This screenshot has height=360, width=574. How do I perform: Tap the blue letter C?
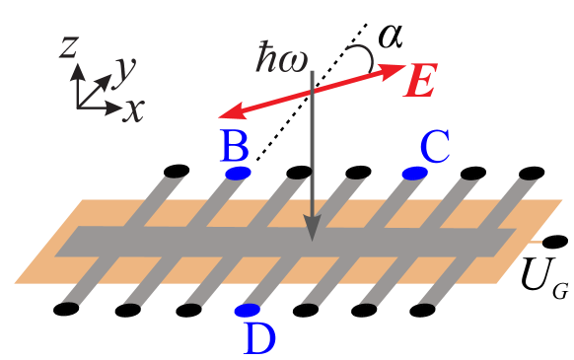click(435, 148)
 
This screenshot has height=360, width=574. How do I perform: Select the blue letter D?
click(258, 338)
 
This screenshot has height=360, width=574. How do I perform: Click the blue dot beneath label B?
click(238, 174)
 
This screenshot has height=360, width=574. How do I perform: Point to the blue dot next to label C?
click(414, 174)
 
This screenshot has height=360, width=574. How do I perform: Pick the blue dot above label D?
click(247, 311)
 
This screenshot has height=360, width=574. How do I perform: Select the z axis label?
click(68, 47)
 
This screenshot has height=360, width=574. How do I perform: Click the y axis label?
click(124, 69)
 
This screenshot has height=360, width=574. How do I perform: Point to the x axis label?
click(133, 108)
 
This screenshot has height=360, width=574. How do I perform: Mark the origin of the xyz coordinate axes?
click(79, 106)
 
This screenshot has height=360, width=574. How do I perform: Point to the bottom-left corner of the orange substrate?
click(16, 283)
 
